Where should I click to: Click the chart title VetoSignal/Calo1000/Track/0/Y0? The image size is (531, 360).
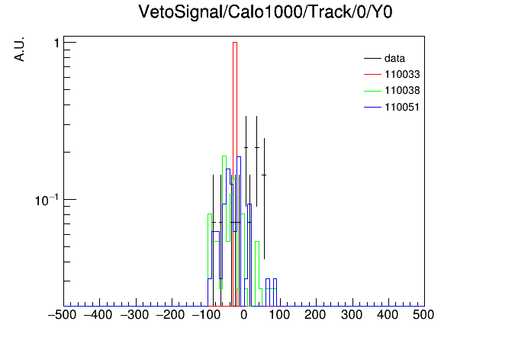tap(265, 12)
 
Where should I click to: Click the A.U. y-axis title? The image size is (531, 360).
tap(19, 49)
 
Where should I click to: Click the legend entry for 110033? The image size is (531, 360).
tap(392, 74)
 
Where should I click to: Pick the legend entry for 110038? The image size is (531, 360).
tap(392, 91)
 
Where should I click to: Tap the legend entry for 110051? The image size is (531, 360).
tap(392, 107)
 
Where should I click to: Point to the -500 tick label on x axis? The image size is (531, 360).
tap(62, 315)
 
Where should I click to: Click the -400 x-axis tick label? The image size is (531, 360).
tap(98, 315)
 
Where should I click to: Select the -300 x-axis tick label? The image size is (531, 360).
tap(134, 315)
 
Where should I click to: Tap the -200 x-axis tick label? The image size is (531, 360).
tap(170, 315)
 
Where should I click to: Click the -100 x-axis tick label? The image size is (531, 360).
tap(206, 315)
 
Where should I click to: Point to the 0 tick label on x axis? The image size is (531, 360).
tap(244, 315)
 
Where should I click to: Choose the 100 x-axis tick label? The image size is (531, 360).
tap(279, 315)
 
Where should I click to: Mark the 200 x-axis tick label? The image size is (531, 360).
tap(315, 315)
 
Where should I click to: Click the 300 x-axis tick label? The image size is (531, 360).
tap(352, 315)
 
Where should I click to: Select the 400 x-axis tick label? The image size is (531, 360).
tap(388, 315)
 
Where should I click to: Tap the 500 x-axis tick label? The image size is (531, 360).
tap(423, 315)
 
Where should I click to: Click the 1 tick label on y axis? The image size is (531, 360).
tap(57, 43)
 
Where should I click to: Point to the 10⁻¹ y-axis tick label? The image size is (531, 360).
tap(47, 200)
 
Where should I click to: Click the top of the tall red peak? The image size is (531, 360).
tap(235, 43)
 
